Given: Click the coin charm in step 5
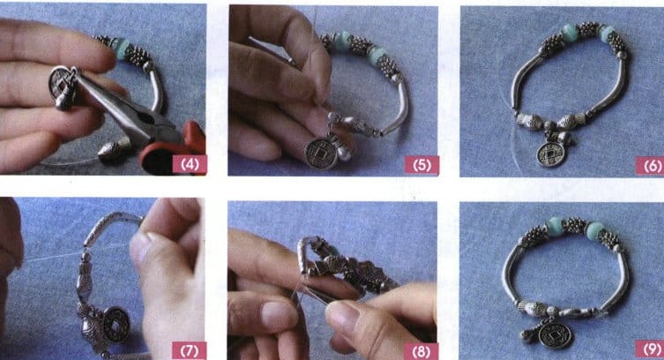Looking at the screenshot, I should coord(318,153).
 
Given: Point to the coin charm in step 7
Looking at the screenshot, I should coord(115,324).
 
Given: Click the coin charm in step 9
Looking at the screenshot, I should coord(555,335).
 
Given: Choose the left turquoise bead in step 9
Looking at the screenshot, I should coord(554,227).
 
